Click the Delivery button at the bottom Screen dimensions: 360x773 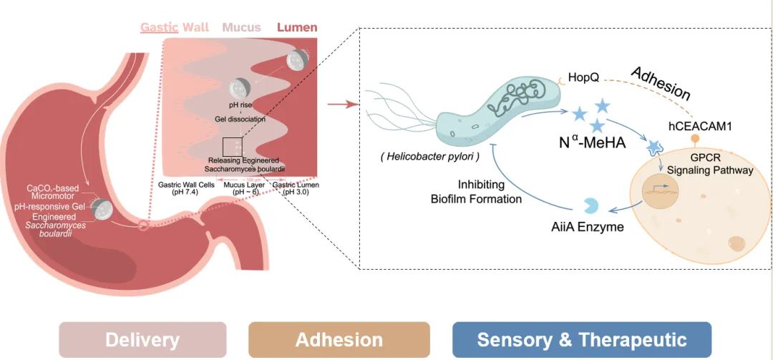pos(142,339)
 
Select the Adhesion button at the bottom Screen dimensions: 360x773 pos(339,339)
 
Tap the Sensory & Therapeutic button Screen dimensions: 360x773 pos(581,339)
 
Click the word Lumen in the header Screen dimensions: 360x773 pos(297,28)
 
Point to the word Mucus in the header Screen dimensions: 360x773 pos(241,28)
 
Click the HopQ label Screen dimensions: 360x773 pos(583,76)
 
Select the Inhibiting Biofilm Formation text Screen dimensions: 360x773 pos(476,191)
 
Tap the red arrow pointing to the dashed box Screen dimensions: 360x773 pos(342,104)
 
